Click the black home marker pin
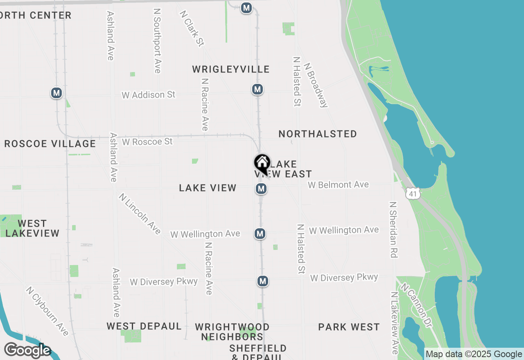click(x=262, y=164)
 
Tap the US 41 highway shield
click(x=413, y=194)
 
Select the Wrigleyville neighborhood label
click(x=231, y=69)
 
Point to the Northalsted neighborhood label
click(x=318, y=134)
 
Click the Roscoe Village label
click(x=50, y=144)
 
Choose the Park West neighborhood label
click(x=349, y=327)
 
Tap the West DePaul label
click(x=144, y=326)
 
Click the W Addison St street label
click(x=148, y=95)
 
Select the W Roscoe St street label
click(x=147, y=142)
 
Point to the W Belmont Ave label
click(x=338, y=185)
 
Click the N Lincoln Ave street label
click(x=140, y=214)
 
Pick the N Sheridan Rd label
click(x=393, y=229)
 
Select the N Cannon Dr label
click(x=416, y=305)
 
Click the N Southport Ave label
click(x=157, y=40)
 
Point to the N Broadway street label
click(x=316, y=85)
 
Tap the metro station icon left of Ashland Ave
click(x=56, y=93)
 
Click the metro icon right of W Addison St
click(x=257, y=89)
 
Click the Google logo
click(x=27, y=351)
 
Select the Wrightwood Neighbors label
click(x=232, y=332)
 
